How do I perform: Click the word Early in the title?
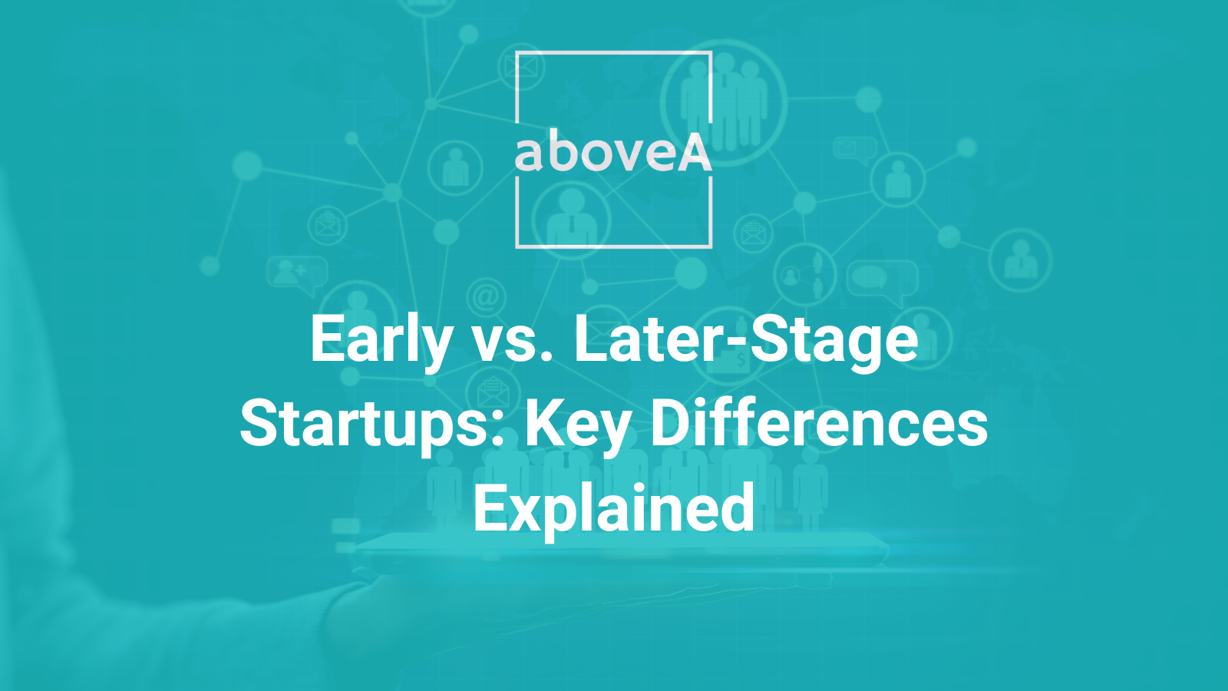click(x=381, y=340)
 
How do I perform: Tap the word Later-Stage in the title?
click(x=745, y=340)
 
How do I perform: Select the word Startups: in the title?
click(x=371, y=425)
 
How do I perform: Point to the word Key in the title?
click(x=578, y=425)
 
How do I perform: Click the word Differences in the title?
click(x=819, y=425)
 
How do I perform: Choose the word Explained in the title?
click(x=614, y=508)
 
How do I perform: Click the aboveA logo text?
click(x=613, y=153)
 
